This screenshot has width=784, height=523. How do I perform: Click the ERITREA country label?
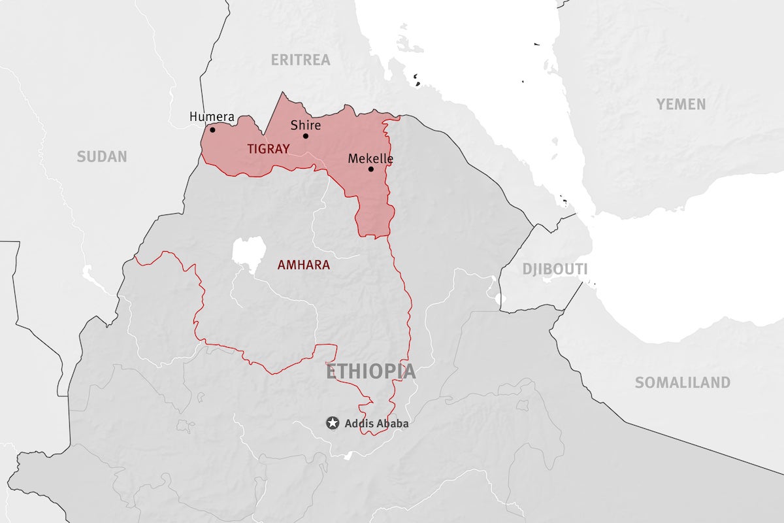(301, 60)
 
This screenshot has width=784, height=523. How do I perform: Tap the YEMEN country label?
(681, 104)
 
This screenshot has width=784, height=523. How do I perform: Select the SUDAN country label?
(102, 157)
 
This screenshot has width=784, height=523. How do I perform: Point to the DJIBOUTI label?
(555, 269)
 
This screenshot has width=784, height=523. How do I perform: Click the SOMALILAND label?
(682, 383)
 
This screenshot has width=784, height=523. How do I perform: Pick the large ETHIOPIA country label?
(370, 371)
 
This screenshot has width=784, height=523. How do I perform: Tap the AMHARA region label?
(304, 265)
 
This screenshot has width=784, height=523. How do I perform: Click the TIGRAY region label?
(268, 149)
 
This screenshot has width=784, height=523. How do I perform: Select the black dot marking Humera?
(212, 129)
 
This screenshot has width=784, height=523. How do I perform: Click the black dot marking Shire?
(305, 136)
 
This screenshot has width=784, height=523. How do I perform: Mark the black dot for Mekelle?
(370, 169)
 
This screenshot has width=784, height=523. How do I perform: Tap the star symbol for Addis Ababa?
(333, 423)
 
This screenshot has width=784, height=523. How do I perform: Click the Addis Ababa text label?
(376, 424)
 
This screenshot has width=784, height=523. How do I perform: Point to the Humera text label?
(212, 117)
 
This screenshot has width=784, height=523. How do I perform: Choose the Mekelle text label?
(370, 158)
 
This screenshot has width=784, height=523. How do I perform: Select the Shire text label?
(305, 125)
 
